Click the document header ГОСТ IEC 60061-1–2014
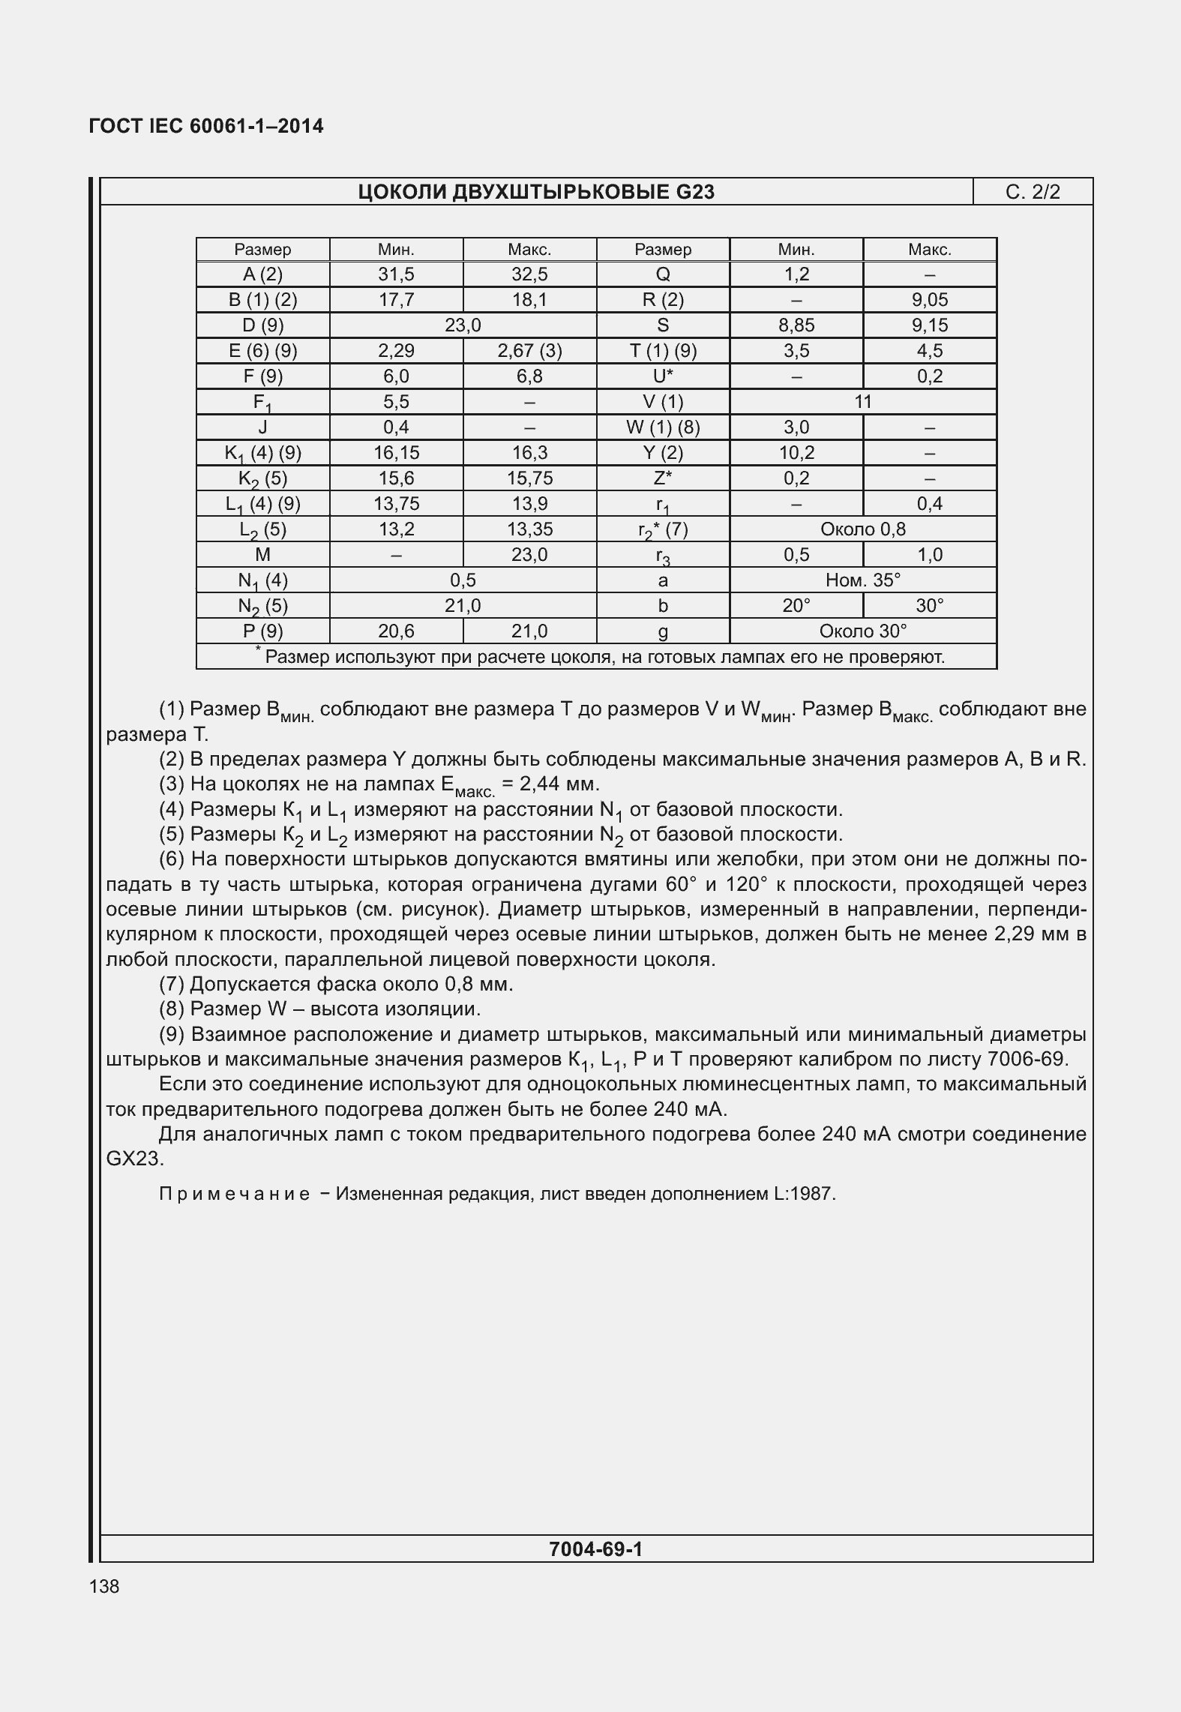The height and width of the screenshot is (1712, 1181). [x=206, y=126]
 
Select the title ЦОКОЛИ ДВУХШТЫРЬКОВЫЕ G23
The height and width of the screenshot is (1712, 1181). [x=536, y=192]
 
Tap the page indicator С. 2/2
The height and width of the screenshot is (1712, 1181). [x=1033, y=192]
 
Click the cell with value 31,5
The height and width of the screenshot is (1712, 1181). [x=396, y=274]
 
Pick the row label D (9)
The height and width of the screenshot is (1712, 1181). [x=262, y=325]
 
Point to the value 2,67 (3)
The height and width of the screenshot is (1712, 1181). [x=529, y=351]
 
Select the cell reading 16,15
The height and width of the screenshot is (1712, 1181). [x=396, y=453]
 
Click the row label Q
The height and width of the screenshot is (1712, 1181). [x=663, y=274]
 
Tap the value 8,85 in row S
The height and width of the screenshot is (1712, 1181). [x=796, y=325]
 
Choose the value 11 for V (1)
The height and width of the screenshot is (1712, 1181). [x=863, y=402]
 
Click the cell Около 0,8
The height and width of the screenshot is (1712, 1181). [x=863, y=529]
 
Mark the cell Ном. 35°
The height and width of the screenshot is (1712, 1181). [x=863, y=580]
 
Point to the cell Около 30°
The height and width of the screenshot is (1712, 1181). [x=863, y=631]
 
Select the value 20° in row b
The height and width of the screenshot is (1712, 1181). [x=796, y=606]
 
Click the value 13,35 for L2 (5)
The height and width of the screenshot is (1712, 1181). [x=529, y=529]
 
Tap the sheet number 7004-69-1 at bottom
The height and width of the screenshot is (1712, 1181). [x=595, y=1549]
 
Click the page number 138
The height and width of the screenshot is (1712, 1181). [x=103, y=1586]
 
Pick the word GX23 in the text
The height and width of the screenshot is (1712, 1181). [x=133, y=1159]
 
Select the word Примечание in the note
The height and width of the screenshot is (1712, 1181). [x=235, y=1194]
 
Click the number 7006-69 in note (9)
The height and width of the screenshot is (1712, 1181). [x=1027, y=1060]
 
